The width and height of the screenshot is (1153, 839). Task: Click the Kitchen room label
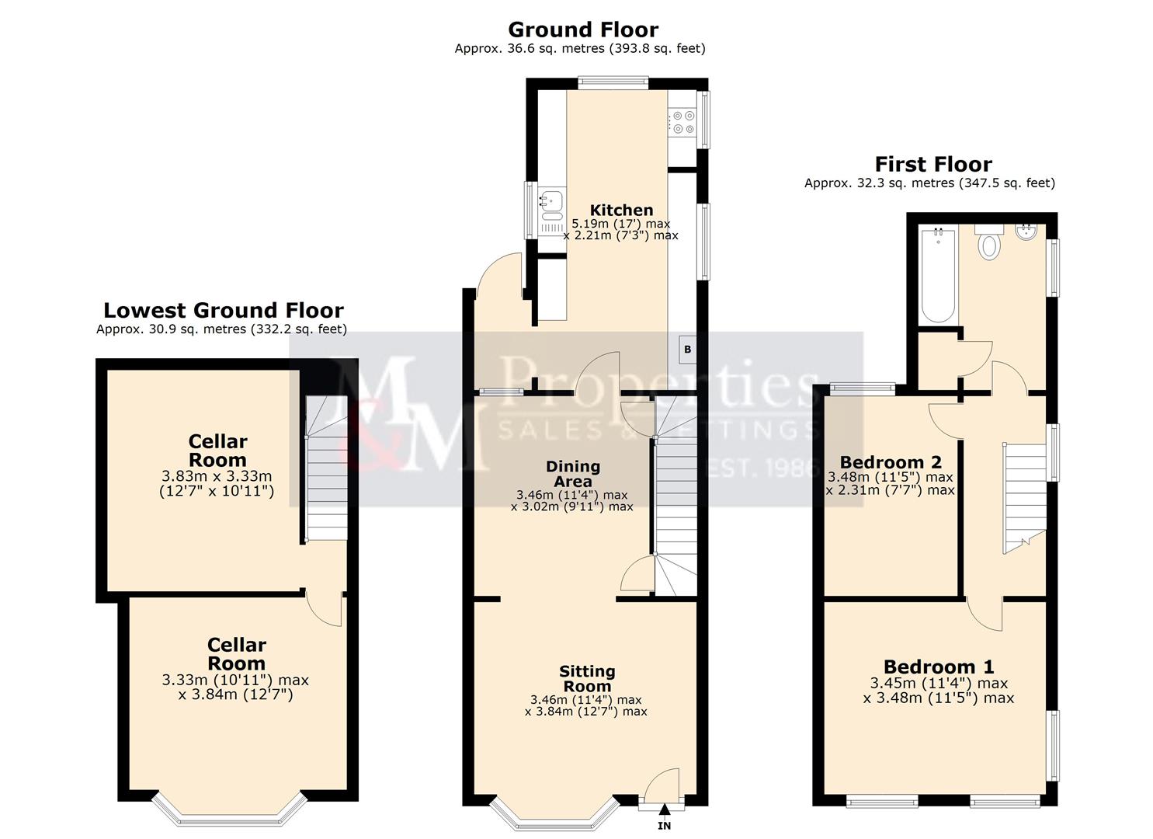(621, 210)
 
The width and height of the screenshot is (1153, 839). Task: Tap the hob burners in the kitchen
(683, 123)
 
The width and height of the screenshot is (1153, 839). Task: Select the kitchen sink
(551, 201)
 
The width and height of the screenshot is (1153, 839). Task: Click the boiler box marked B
(687, 350)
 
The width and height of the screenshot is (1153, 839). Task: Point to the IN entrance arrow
(664, 816)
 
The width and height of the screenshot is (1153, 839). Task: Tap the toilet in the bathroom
(989, 245)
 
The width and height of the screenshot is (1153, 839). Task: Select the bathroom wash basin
(1026, 231)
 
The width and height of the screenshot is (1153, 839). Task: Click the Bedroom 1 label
(938, 667)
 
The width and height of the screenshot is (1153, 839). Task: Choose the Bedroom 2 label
(890, 462)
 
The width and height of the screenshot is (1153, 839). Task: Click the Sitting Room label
(587, 678)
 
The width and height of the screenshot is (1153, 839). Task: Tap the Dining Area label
(573, 473)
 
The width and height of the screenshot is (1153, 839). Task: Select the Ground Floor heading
(582, 30)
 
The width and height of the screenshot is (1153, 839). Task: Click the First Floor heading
(932, 164)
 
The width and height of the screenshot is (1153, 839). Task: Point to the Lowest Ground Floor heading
(223, 310)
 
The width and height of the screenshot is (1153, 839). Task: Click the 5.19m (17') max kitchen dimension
(620, 224)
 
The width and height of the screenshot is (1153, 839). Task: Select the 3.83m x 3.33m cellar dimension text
(217, 476)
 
